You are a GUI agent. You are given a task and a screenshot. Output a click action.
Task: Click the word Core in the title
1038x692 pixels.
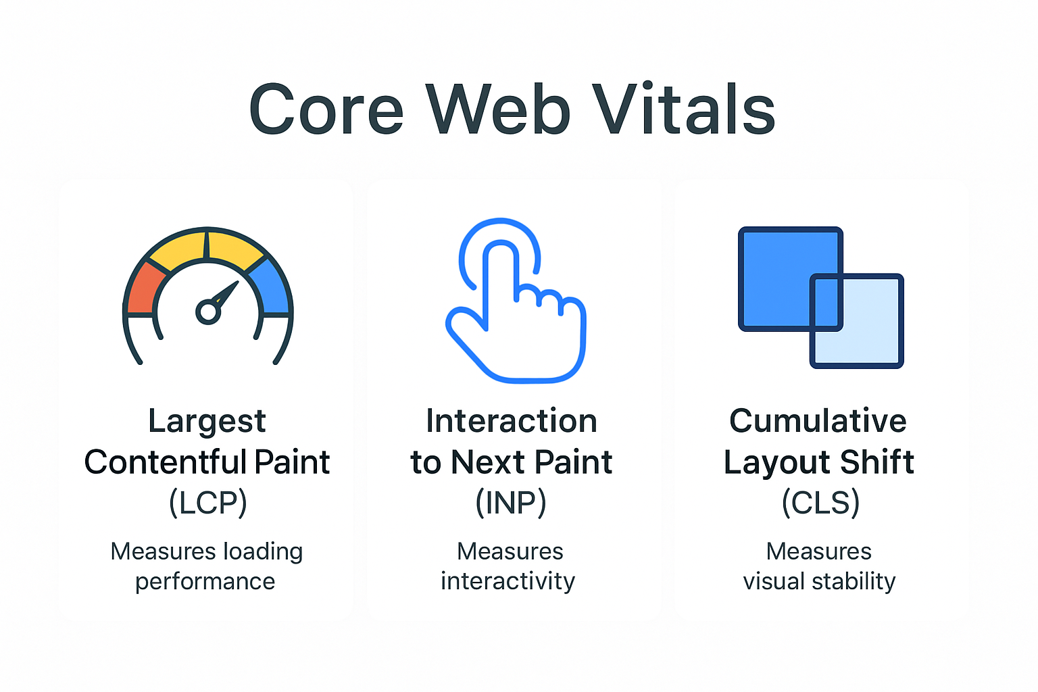[x=326, y=109]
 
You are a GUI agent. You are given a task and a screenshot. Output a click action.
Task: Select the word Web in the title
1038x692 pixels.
[x=498, y=109]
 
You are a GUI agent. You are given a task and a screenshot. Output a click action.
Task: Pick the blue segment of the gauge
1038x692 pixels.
[x=272, y=289]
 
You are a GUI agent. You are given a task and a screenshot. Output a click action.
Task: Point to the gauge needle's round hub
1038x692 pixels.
[x=207, y=312]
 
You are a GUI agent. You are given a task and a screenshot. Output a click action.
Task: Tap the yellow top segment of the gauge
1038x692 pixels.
[x=207, y=247]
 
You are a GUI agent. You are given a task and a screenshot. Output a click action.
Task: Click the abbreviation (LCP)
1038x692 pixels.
[x=208, y=503]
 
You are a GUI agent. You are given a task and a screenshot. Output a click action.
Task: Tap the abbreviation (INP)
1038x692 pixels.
[x=511, y=503]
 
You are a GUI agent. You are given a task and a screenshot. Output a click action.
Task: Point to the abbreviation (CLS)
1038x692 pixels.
[x=820, y=503]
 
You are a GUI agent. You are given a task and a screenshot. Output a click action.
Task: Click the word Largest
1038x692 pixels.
[x=207, y=422]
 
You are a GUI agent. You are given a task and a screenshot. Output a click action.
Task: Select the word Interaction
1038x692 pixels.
[x=512, y=421]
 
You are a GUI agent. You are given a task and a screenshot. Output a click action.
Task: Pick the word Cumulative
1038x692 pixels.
[x=818, y=421]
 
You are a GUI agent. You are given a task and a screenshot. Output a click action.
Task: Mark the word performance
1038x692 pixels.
[x=205, y=582]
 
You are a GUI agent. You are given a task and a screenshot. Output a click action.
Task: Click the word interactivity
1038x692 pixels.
[x=508, y=581]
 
